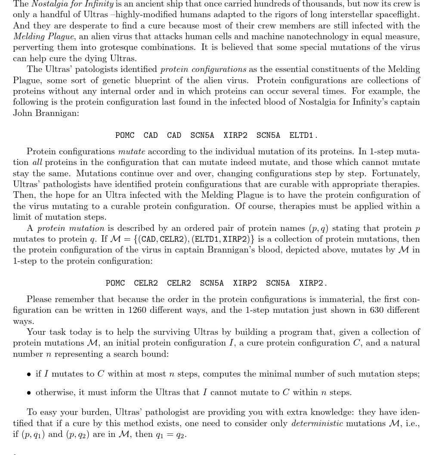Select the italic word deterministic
click(317, 424)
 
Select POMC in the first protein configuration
click(125, 135)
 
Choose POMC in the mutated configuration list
click(115, 283)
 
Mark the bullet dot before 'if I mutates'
click(29, 374)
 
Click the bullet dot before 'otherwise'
click(29, 393)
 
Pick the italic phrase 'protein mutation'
click(71, 228)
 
